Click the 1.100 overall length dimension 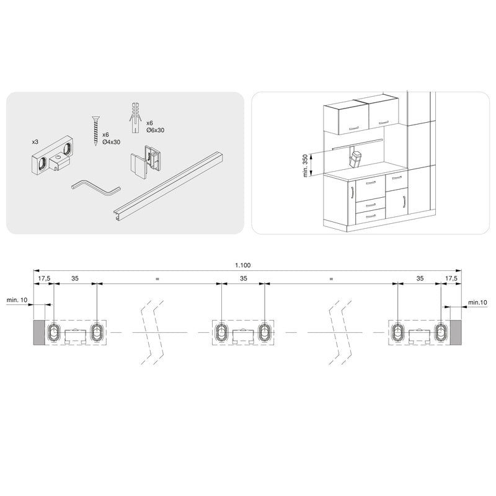(243, 265)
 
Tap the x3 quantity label (35, 142)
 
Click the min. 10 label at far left (17, 299)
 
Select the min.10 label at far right (478, 302)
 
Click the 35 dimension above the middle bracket (243, 278)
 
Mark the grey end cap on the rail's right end (456, 333)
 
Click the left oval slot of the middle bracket (221, 333)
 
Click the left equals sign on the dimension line (157, 280)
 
